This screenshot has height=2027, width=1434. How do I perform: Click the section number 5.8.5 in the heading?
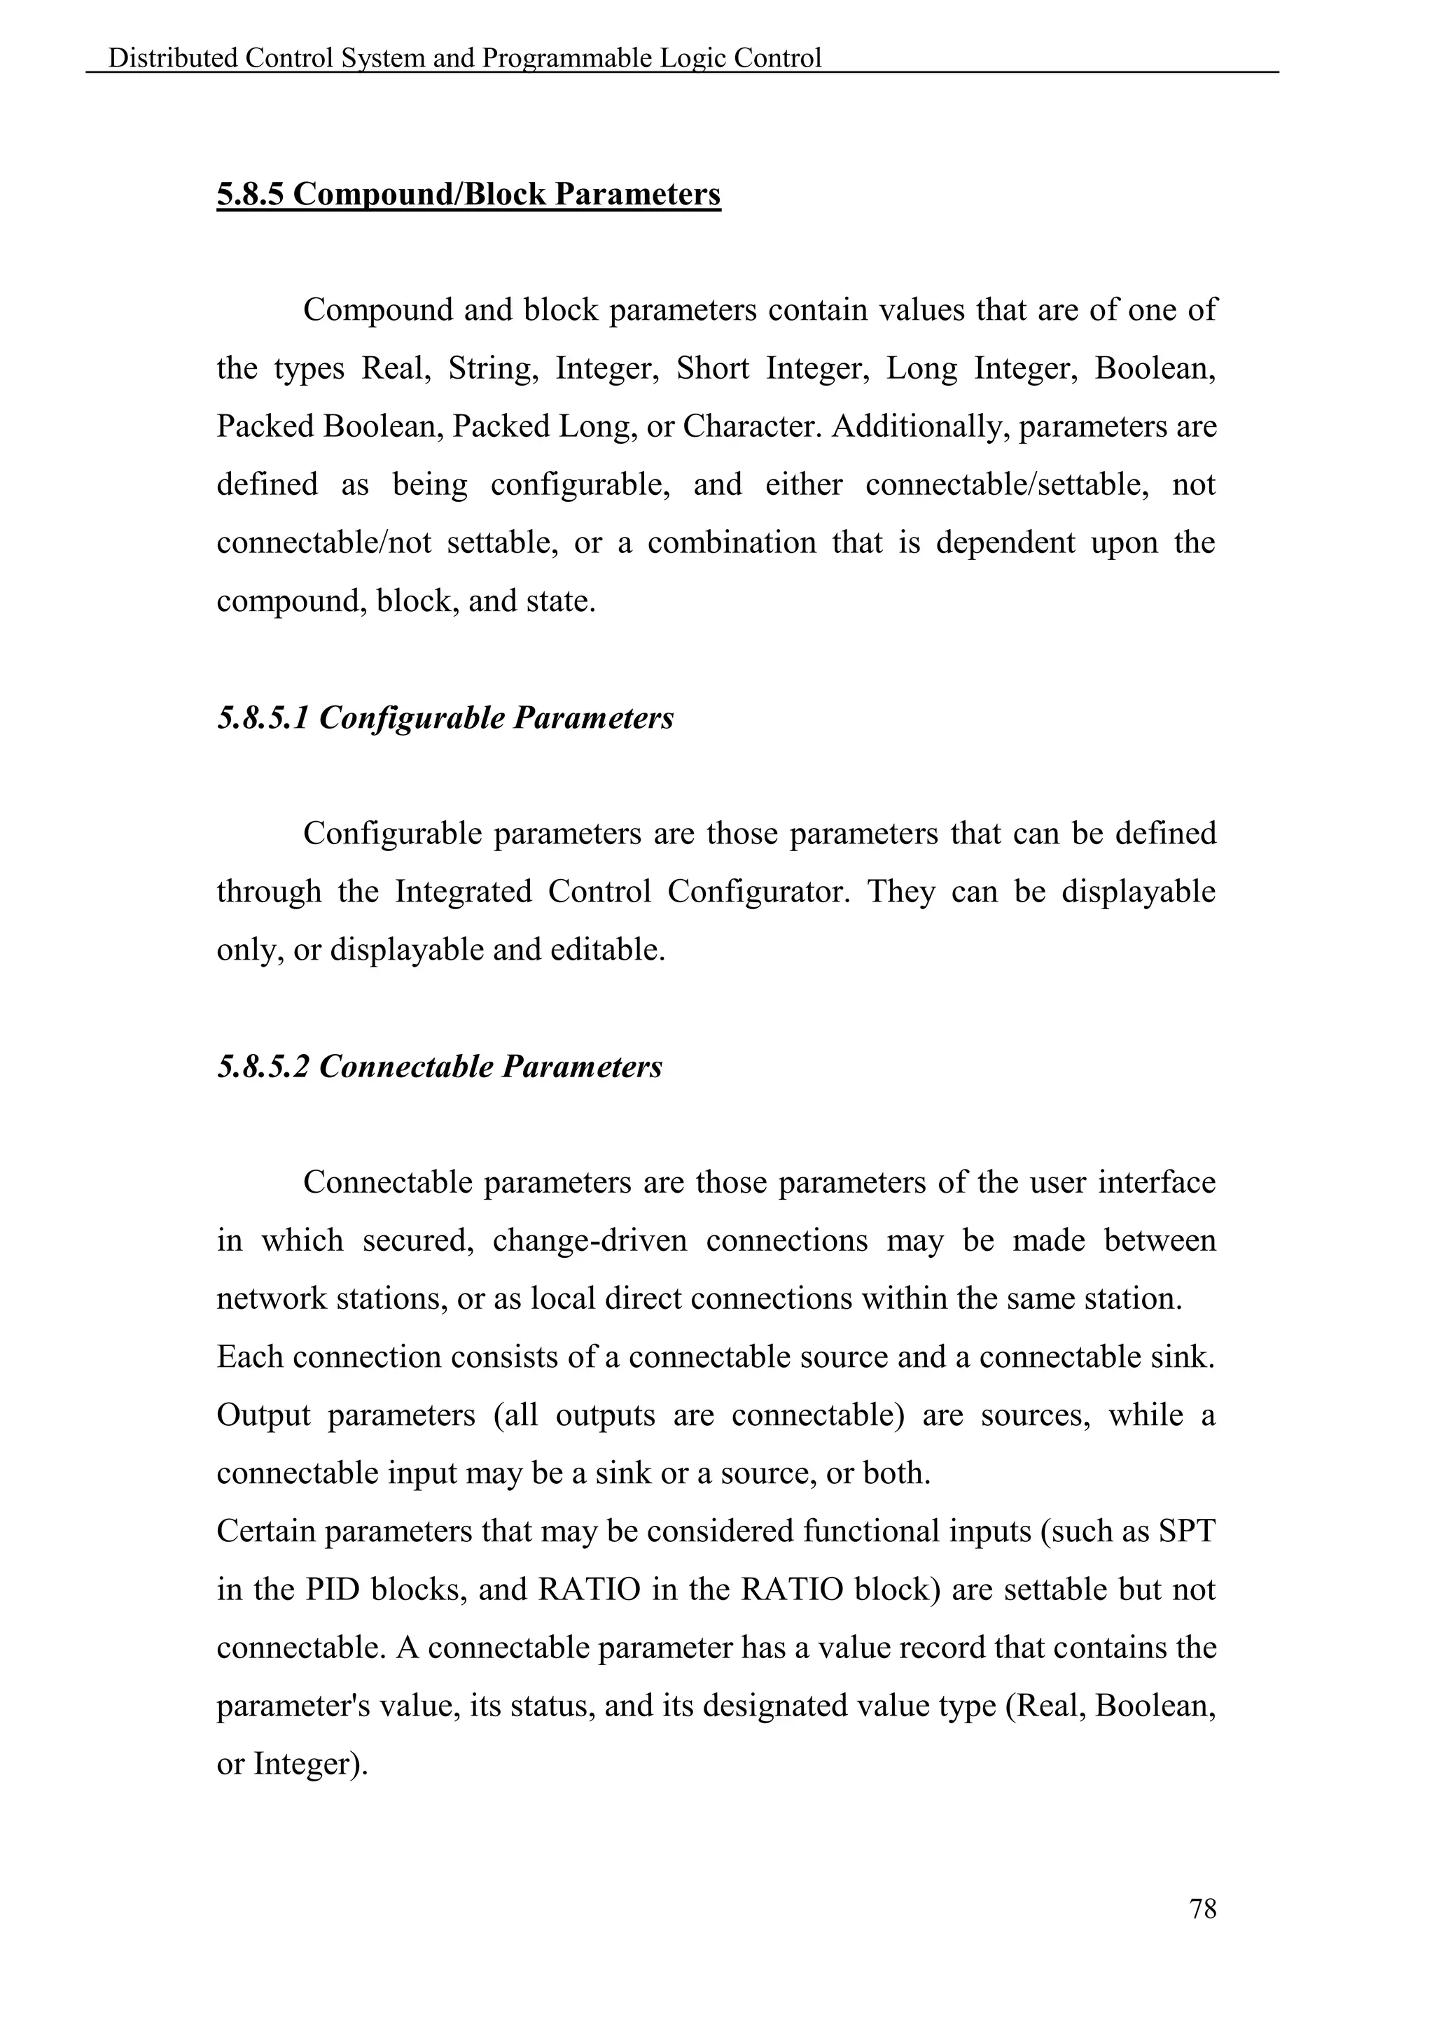250,193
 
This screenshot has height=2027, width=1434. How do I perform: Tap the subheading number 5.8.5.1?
263,717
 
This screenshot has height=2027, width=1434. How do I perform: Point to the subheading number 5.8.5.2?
263,1067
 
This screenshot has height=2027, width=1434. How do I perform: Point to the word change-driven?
590,1240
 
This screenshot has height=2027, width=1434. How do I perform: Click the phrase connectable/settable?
1007,484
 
